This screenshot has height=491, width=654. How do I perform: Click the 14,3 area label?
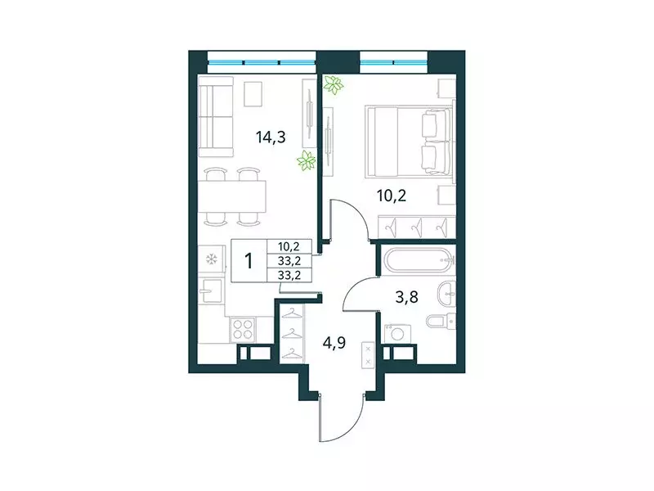pyautogui.click(x=271, y=137)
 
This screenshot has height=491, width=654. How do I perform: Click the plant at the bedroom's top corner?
pyautogui.click(x=332, y=84)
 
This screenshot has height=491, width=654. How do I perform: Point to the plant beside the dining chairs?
pyautogui.click(x=307, y=160)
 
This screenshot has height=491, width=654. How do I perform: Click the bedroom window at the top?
pyautogui.click(x=394, y=61)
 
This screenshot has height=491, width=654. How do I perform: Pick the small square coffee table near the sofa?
pyautogui.click(x=253, y=94)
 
